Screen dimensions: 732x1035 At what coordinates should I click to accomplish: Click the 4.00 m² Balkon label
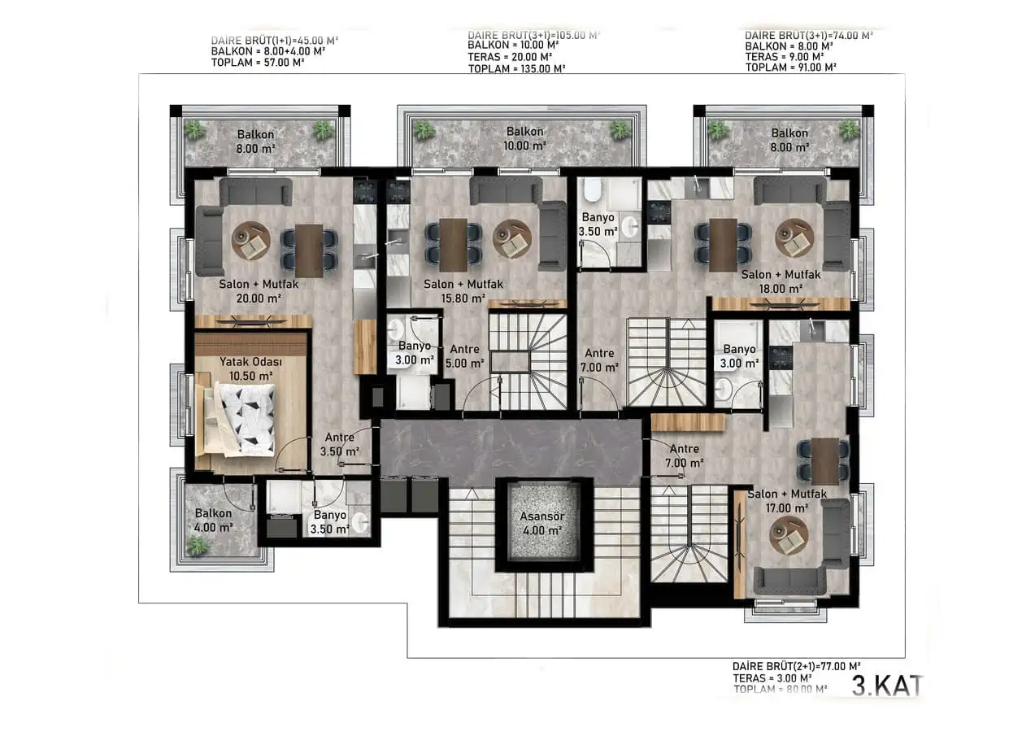(213, 520)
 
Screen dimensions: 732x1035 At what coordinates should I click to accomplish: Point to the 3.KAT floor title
(887, 686)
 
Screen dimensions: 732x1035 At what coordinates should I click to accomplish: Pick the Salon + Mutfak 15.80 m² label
(463, 291)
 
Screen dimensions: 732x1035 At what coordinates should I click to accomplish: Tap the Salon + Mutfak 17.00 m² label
(786, 501)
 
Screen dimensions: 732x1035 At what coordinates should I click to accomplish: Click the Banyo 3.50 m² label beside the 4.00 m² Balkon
(330, 522)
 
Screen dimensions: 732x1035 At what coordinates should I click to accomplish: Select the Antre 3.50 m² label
(341, 443)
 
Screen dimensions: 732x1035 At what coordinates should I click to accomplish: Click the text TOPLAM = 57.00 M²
(257, 62)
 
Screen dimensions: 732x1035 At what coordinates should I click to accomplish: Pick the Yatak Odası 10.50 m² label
(245, 368)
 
